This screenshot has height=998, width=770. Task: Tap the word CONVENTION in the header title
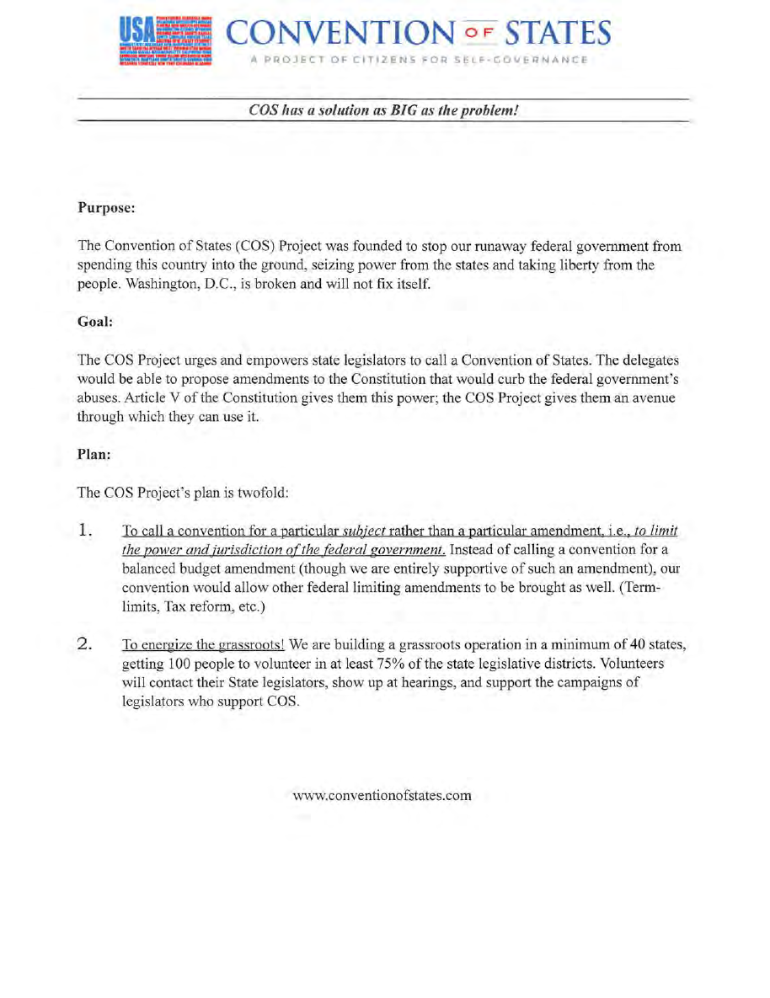click(x=340, y=33)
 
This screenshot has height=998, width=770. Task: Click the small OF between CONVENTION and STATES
click(x=478, y=35)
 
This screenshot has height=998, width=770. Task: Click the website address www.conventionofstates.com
click(x=382, y=795)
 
